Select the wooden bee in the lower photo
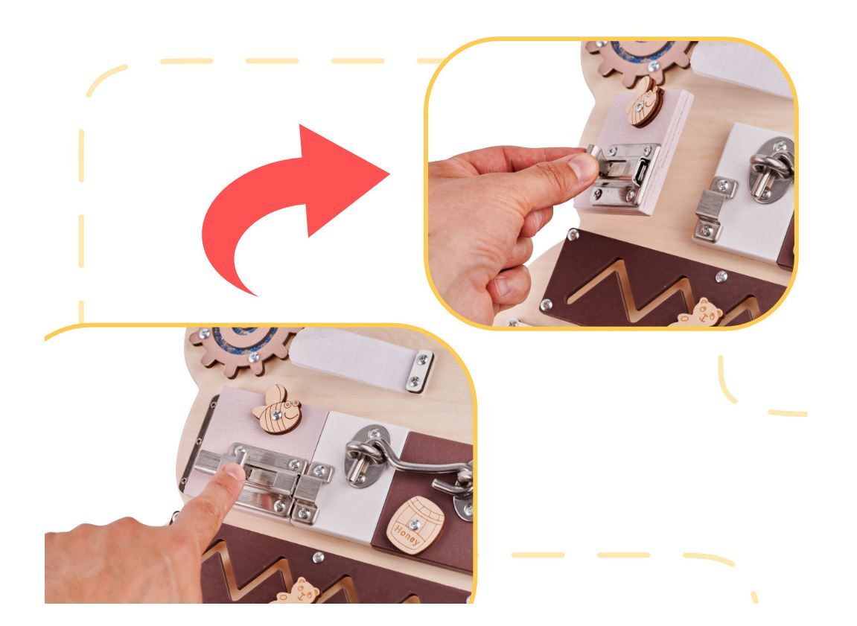[x=278, y=409]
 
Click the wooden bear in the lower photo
[x=299, y=592]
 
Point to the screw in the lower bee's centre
[x=277, y=415]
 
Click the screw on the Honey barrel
[x=414, y=525]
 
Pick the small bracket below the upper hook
[x=713, y=209]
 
